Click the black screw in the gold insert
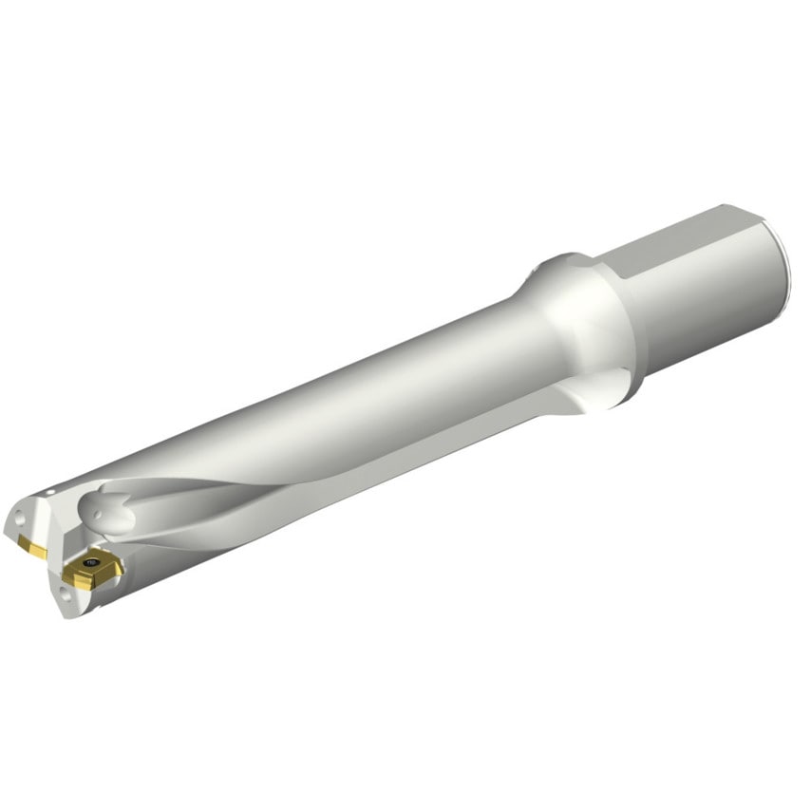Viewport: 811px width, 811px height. pos(91,566)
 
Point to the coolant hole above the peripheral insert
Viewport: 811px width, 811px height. pos(18,521)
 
